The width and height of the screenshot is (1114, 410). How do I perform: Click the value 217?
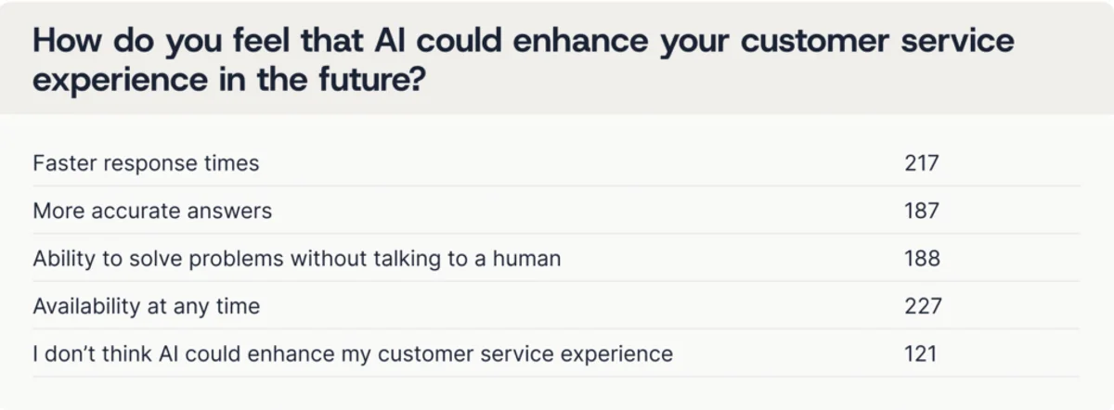922,163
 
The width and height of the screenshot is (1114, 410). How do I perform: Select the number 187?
922,211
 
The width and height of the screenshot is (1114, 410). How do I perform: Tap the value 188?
922,259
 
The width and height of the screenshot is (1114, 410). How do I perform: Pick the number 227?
923,306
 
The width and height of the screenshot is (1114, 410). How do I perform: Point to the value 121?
920,353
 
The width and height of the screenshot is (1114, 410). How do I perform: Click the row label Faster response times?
147,163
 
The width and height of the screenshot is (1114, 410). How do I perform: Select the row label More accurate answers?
152,211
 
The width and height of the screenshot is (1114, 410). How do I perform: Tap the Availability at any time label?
147,307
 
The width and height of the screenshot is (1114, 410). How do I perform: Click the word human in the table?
526,259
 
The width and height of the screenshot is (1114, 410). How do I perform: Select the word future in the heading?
365,79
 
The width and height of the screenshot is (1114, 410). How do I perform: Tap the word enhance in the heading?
580,40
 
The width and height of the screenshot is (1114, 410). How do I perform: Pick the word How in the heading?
67,40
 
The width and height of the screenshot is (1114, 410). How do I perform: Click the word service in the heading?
957,40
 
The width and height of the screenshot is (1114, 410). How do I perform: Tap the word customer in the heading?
815,40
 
